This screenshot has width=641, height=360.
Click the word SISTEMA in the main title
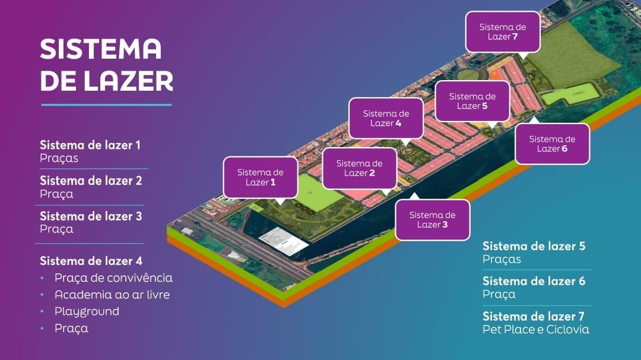[x=100, y=49]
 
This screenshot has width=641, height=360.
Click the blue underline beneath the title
[x=106, y=105]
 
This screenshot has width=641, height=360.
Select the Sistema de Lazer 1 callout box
[x=261, y=178]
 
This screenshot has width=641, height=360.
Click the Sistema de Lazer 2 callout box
[x=359, y=168]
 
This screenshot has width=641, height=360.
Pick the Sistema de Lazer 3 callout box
[x=433, y=220]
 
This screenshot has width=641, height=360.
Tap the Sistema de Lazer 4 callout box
[x=386, y=119]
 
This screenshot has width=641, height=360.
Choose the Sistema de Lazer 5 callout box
[x=472, y=101]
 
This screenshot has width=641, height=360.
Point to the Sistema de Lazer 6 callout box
[x=553, y=144]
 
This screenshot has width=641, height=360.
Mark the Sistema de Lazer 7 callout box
[x=503, y=32]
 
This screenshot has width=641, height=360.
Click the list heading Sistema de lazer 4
[x=91, y=261]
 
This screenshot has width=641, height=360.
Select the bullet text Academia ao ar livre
[x=112, y=295]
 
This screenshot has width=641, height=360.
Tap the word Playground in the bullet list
[x=87, y=312]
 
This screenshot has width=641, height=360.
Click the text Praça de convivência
[x=113, y=278]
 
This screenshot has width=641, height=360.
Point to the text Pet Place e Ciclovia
[x=536, y=329]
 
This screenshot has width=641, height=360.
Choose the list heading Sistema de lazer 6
[x=534, y=281]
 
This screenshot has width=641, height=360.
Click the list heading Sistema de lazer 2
[x=91, y=181]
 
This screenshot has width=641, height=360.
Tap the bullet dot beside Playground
[x=42, y=311]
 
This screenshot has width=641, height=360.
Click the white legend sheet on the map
[x=284, y=241]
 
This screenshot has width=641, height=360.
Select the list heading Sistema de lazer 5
[x=534, y=246]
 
